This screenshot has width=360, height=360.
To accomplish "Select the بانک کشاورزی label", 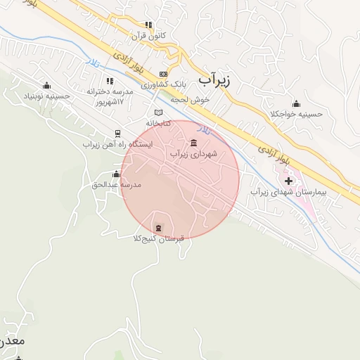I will pos(164,84).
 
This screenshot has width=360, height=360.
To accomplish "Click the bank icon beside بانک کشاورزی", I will pos(164,73).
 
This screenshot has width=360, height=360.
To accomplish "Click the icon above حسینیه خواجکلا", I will pos(296,103).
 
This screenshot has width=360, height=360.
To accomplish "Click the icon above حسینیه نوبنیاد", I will pos(46,84).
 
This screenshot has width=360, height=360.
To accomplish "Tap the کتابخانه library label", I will pos(157,122).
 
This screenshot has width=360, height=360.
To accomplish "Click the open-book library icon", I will pos(158,112).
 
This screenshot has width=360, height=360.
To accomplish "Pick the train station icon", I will pos(117,134).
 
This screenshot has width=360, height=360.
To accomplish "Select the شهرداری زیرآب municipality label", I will pos(193,153).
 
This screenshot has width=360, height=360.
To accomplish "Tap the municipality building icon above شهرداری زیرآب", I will pos(193,143).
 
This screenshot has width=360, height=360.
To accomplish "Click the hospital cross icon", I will pos(288,181).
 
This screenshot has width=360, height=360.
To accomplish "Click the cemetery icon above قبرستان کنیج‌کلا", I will pos(158,227).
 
